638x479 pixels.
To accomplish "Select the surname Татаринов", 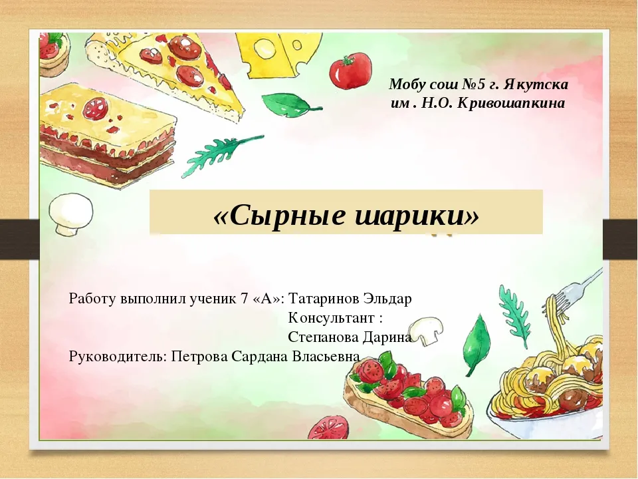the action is [x=324, y=299].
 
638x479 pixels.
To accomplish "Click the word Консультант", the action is [x=331, y=318].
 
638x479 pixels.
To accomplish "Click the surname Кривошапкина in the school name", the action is [x=511, y=104].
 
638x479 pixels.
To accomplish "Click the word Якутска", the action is [x=536, y=84].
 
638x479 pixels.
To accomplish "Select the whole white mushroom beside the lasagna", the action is [x=71, y=214].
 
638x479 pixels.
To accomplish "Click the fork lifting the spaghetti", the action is [x=574, y=291].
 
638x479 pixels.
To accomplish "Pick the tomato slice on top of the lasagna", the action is [x=96, y=108].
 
